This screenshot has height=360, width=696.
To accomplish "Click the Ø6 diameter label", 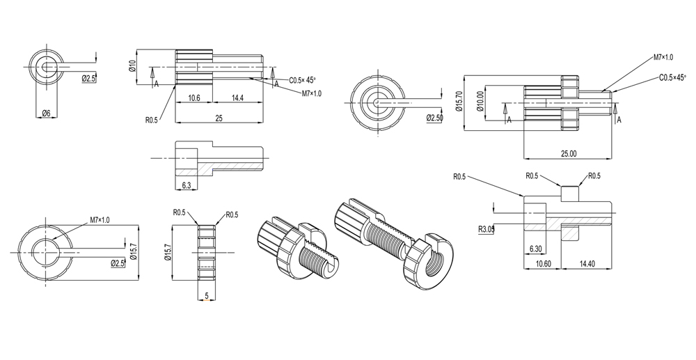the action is click(x=46, y=114).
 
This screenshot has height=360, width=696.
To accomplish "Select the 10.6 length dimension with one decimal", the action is click(x=193, y=98).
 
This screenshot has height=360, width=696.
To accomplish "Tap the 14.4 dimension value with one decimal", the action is click(x=238, y=98).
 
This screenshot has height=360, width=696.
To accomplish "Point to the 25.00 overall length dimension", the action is click(x=569, y=154).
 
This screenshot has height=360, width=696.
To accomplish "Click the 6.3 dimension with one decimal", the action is click(x=187, y=185).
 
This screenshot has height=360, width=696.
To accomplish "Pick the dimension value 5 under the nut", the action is click(x=207, y=295).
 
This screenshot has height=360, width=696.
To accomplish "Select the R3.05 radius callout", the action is click(x=487, y=229).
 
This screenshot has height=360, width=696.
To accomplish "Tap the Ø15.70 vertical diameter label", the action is click(x=459, y=102).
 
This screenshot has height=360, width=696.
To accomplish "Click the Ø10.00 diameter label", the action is click(x=481, y=102).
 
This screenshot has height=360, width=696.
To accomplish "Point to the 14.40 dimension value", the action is click(x=587, y=264).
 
